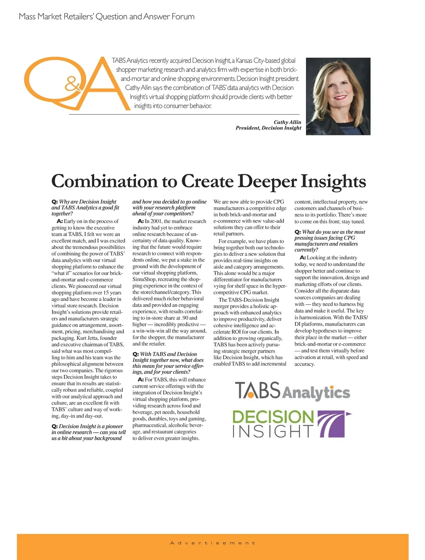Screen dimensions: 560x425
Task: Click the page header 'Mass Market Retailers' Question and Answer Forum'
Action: click(107, 17)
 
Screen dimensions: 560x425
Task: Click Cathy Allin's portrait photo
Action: click(338, 96)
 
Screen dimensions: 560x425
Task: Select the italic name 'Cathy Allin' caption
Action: click(287, 122)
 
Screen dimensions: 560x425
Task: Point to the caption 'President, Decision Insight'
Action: click(268, 128)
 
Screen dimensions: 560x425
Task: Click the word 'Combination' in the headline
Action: click(104, 181)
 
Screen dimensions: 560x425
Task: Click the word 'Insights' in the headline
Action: click(333, 181)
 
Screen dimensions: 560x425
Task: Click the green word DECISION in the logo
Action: click(273, 417)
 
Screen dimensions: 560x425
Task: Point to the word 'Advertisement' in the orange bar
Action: click(212, 543)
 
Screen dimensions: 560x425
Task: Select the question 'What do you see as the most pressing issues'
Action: click(329, 241)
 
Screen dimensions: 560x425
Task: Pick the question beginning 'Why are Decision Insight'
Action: click(85, 208)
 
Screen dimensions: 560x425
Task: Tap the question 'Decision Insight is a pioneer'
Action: click(88, 432)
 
